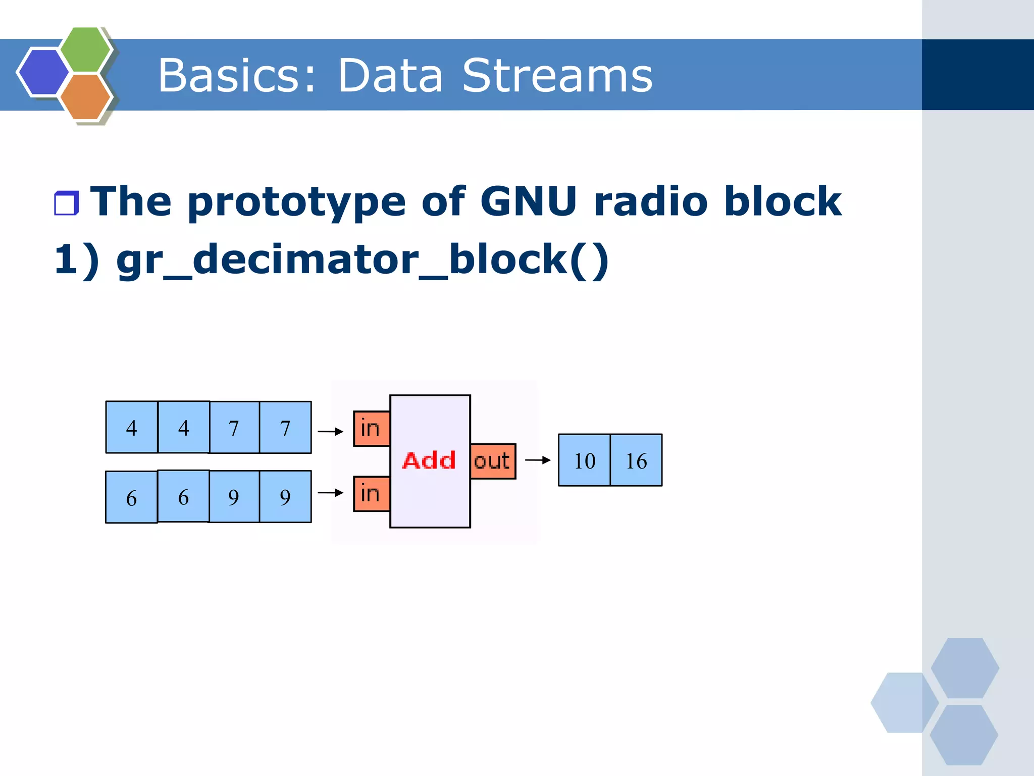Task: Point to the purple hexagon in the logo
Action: (x=43, y=71)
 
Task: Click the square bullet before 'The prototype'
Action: (x=66, y=203)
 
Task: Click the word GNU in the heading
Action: (x=528, y=201)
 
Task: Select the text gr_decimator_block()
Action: (x=362, y=260)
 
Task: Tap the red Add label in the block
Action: (x=429, y=460)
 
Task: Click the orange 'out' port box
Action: (x=493, y=461)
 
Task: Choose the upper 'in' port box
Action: (x=371, y=429)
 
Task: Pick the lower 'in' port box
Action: (x=371, y=493)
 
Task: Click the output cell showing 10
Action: (x=584, y=460)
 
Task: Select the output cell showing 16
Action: (x=636, y=460)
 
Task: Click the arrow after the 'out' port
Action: (x=538, y=460)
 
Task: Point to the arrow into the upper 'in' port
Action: (x=330, y=431)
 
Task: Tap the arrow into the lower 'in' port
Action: (x=330, y=492)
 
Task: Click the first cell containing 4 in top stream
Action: (x=131, y=427)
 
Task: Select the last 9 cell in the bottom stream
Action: (x=285, y=496)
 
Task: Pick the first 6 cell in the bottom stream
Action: (x=131, y=497)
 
